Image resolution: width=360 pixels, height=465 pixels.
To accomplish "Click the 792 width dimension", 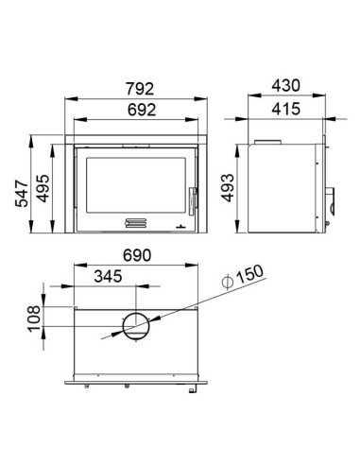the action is point(140,89).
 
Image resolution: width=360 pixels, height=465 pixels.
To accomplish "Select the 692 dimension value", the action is point(142,110).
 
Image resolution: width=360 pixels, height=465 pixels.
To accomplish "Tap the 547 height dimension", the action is point(22,194).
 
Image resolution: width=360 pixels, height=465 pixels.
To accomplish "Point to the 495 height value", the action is point(43,188).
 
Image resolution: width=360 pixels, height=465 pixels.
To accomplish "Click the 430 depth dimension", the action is point(286,86).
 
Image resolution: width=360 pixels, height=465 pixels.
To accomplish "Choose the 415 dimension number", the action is point(286,109).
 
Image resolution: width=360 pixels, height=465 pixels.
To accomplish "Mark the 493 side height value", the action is point(227,188).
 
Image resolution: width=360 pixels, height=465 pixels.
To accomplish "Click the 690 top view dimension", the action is point(137,255).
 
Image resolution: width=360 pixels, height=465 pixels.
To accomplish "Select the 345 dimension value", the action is point(108,276).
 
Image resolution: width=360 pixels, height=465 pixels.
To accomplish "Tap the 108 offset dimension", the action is point(34,319).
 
